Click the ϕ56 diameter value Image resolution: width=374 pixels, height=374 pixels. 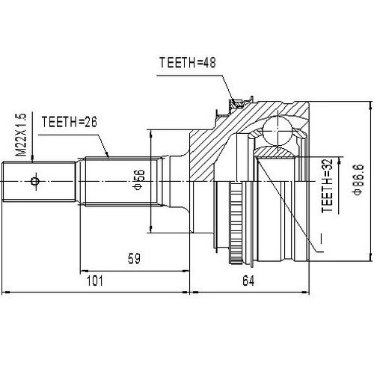(138, 179)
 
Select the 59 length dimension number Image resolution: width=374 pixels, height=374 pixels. (134, 260)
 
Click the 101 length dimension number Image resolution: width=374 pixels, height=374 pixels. (95, 281)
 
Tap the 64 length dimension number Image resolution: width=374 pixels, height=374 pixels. (249, 281)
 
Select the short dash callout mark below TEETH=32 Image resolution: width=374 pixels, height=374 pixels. (321, 239)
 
